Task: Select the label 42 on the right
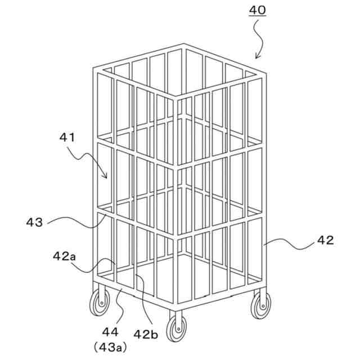325,240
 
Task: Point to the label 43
34,223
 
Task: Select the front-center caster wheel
177,327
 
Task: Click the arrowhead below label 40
256,57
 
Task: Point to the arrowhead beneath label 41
105,177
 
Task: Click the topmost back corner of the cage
183,44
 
